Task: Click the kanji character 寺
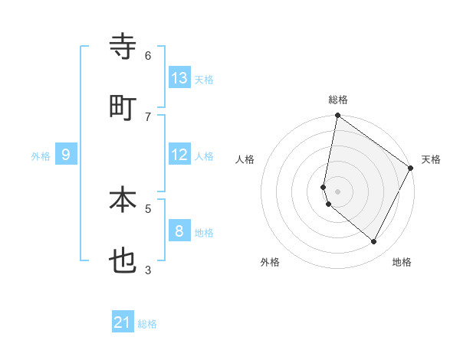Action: [123, 47]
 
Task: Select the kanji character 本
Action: [123, 200]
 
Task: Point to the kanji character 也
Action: [123, 261]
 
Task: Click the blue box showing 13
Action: [179, 77]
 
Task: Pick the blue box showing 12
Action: [179, 155]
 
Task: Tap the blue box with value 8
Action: [179, 231]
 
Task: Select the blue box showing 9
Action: [66, 155]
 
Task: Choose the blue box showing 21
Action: [123, 322]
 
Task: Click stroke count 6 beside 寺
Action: [148, 55]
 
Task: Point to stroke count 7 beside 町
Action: [148, 116]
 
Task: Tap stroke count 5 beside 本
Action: [148, 208]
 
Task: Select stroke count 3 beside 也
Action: [148, 269]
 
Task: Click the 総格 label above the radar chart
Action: [338, 100]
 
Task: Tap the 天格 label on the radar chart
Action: [431, 159]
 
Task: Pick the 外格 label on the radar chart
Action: [270, 262]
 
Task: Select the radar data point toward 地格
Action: [374, 242]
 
